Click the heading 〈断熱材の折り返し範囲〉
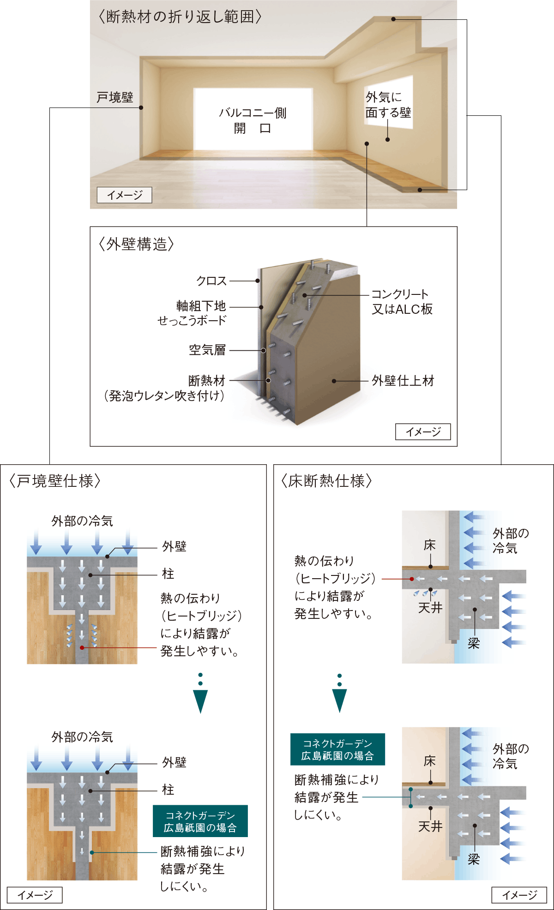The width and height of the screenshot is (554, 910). [181, 17]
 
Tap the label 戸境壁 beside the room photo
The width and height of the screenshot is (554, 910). [115, 97]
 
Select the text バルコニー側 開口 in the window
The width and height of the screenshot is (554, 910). [253, 120]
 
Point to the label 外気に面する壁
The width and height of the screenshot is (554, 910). [388, 105]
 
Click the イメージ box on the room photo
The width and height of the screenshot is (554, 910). [124, 195]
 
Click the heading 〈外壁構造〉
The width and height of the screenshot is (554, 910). [136, 244]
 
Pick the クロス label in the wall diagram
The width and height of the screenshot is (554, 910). [211, 281]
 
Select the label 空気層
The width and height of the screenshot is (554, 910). [207, 350]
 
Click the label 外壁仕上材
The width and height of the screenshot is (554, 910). [403, 381]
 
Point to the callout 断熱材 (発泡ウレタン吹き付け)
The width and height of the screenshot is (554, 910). [165, 388]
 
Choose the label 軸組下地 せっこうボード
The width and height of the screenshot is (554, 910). [192, 313]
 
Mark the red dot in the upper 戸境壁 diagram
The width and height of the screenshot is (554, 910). [82, 648]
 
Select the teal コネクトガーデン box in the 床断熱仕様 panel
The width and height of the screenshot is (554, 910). [337, 749]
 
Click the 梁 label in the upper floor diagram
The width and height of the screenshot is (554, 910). [474, 644]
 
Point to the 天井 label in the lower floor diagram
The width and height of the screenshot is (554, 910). [430, 826]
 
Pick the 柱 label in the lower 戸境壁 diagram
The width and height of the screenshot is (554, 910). [168, 790]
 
